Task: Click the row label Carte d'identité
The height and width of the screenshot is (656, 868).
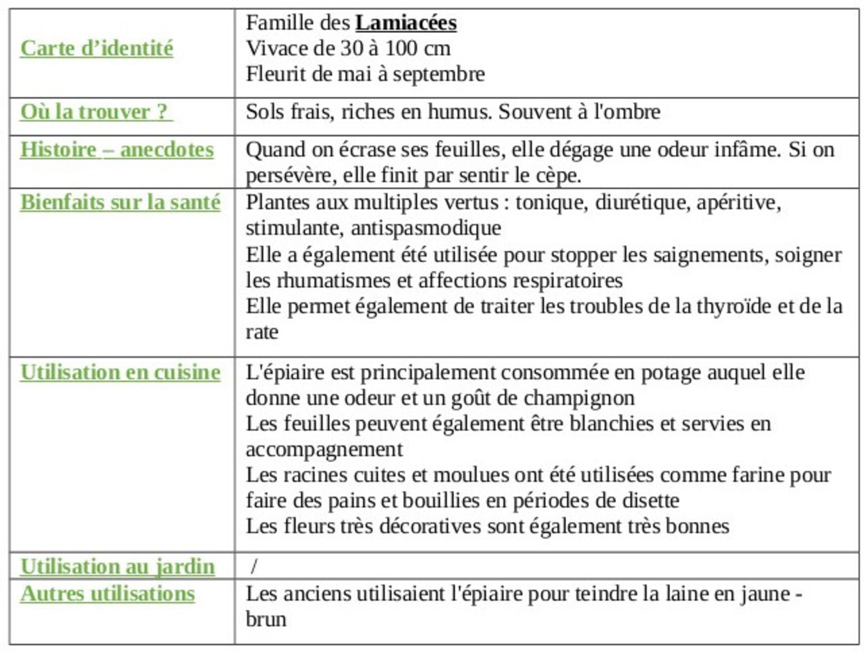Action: tap(97, 49)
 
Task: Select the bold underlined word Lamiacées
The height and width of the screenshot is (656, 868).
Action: tap(406, 22)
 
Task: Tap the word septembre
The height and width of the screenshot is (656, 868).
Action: tap(439, 74)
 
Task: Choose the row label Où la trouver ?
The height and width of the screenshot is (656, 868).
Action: tap(96, 112)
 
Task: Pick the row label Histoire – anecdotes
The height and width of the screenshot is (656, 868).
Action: tap(117, 150)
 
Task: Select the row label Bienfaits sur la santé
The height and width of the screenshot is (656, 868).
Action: tap(120, 202)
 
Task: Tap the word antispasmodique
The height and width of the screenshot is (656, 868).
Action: tap(426, 228)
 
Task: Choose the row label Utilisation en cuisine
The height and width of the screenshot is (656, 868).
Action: tap(120, 372)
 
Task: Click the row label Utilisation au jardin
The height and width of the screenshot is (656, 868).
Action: tap(117, 567)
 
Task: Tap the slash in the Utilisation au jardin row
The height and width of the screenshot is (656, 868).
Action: tap(254, 567)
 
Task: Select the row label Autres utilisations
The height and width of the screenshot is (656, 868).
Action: tap(107, 593)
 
